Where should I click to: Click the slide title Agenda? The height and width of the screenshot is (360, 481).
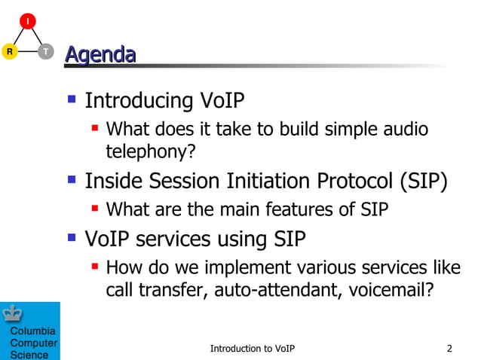(100, 54)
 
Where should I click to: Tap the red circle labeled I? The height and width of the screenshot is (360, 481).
(28, 21)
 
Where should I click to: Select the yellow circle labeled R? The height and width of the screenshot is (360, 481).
(9, 52)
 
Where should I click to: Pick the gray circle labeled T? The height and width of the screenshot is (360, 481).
(46, 52)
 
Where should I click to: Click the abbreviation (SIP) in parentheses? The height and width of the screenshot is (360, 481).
(424, 182)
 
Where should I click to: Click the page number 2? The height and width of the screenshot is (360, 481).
(449, 348)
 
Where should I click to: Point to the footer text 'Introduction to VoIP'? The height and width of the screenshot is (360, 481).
(252, 348)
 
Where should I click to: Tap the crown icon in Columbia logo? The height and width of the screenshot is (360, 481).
(13, 313)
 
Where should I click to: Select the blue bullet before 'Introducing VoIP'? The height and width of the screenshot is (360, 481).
(72, 99)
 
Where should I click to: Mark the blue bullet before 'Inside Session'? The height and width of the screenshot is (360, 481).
(72, 180)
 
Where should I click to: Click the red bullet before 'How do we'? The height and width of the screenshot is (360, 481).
(95, 266)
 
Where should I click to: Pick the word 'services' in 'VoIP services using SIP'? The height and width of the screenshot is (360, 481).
(174, 239)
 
